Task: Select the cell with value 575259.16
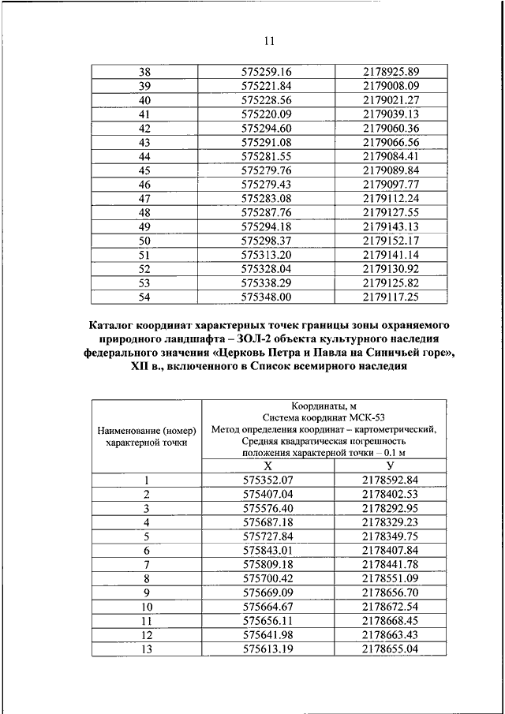click(x=267, y=72)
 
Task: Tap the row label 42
click(x=144, y=129)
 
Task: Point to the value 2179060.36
click(x=391, y=129)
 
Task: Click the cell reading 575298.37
click(x=267, y=241)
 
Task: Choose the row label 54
click(x=144, y=297)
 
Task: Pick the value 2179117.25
click(x=391, y=297)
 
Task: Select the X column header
click(x=267, y=467)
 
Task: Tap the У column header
click(x=391, y=467)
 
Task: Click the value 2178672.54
click(x=391, y=607)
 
